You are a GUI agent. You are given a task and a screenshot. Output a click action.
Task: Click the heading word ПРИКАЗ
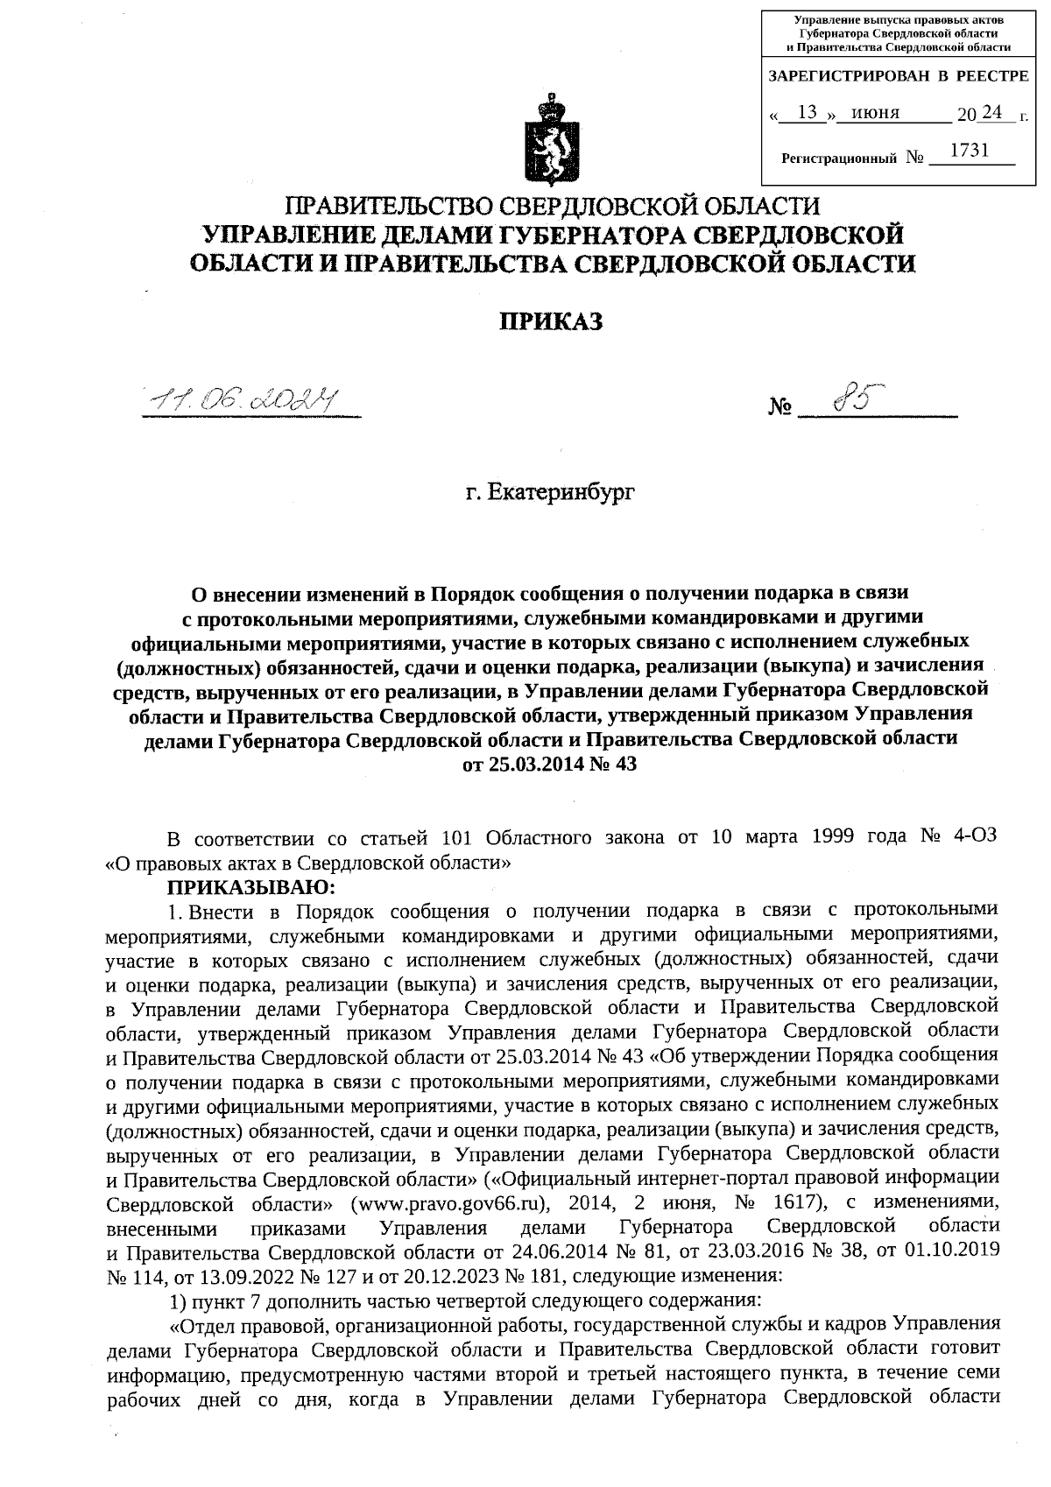pyautogui.click(x=551, y=322)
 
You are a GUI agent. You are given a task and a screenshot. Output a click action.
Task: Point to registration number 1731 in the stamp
pyautogui.click(x=969, y=151)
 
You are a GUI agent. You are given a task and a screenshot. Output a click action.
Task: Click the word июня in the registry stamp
pyautogui.click(x=875, y=113)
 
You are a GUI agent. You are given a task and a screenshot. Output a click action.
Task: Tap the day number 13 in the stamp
pyautogui.click(x=808, y=112)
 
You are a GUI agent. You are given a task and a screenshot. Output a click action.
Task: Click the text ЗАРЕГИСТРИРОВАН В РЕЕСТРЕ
pyautogui.click(x=898, y=77)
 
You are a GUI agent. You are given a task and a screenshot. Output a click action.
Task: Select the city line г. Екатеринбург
pyautogui.click(x=551, y=492)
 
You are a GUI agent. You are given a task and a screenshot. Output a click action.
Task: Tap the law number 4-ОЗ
pyautogui.click(x=972, y=836)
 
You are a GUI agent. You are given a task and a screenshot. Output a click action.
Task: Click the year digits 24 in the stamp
pyautogui.click(x=993, y=112)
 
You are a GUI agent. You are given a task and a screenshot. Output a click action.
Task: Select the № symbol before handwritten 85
pyautogui.click(x=780, y=407)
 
